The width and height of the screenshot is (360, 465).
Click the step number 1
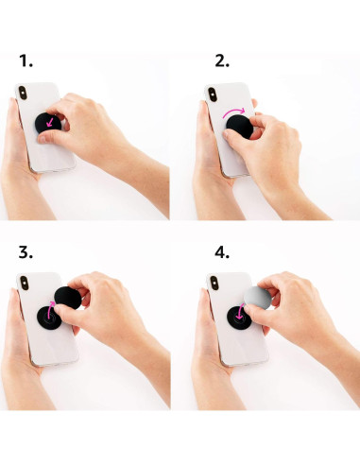pyautogui.click(x=26, y=61)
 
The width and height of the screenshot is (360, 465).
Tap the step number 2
pyautogui.click(x=222, y=61)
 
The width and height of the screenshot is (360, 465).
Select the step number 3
pyautogui.click(x=26, y=254)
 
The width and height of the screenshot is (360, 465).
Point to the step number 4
pyautogui.click(x=222, y=254)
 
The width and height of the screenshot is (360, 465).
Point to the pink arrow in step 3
pyautogui.click(x=47, y=315)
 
